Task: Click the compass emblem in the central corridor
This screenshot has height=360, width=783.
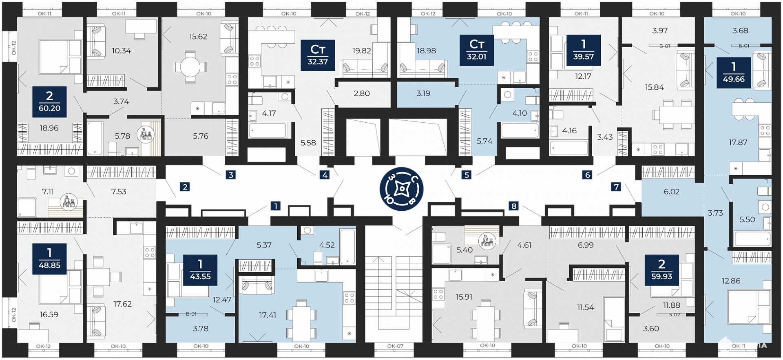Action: (402, 189)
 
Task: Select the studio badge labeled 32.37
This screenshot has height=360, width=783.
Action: (318, 55)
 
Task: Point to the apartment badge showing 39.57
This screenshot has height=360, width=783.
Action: (584, 50)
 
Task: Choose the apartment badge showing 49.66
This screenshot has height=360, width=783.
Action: (734, 73)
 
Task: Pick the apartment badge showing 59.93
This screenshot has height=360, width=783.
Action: (662, 269)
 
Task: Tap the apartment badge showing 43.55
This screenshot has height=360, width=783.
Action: (200, 269)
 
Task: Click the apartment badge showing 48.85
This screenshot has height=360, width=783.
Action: (49, 258)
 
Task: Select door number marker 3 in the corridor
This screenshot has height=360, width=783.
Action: (231, 175)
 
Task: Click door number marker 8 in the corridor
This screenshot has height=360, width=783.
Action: (514, 206)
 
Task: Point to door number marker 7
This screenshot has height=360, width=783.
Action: (616, 187)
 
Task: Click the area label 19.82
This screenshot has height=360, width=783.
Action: (362, 51)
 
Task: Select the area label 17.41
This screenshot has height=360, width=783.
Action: (268, 315)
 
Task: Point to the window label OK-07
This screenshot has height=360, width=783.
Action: (395, 346)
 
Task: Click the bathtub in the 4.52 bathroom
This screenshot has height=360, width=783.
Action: (347, 247)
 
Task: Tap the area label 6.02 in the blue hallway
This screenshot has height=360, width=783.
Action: (672, 192)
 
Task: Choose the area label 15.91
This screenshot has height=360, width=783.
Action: (464, 297)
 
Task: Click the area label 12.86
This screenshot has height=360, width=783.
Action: (731, 281)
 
